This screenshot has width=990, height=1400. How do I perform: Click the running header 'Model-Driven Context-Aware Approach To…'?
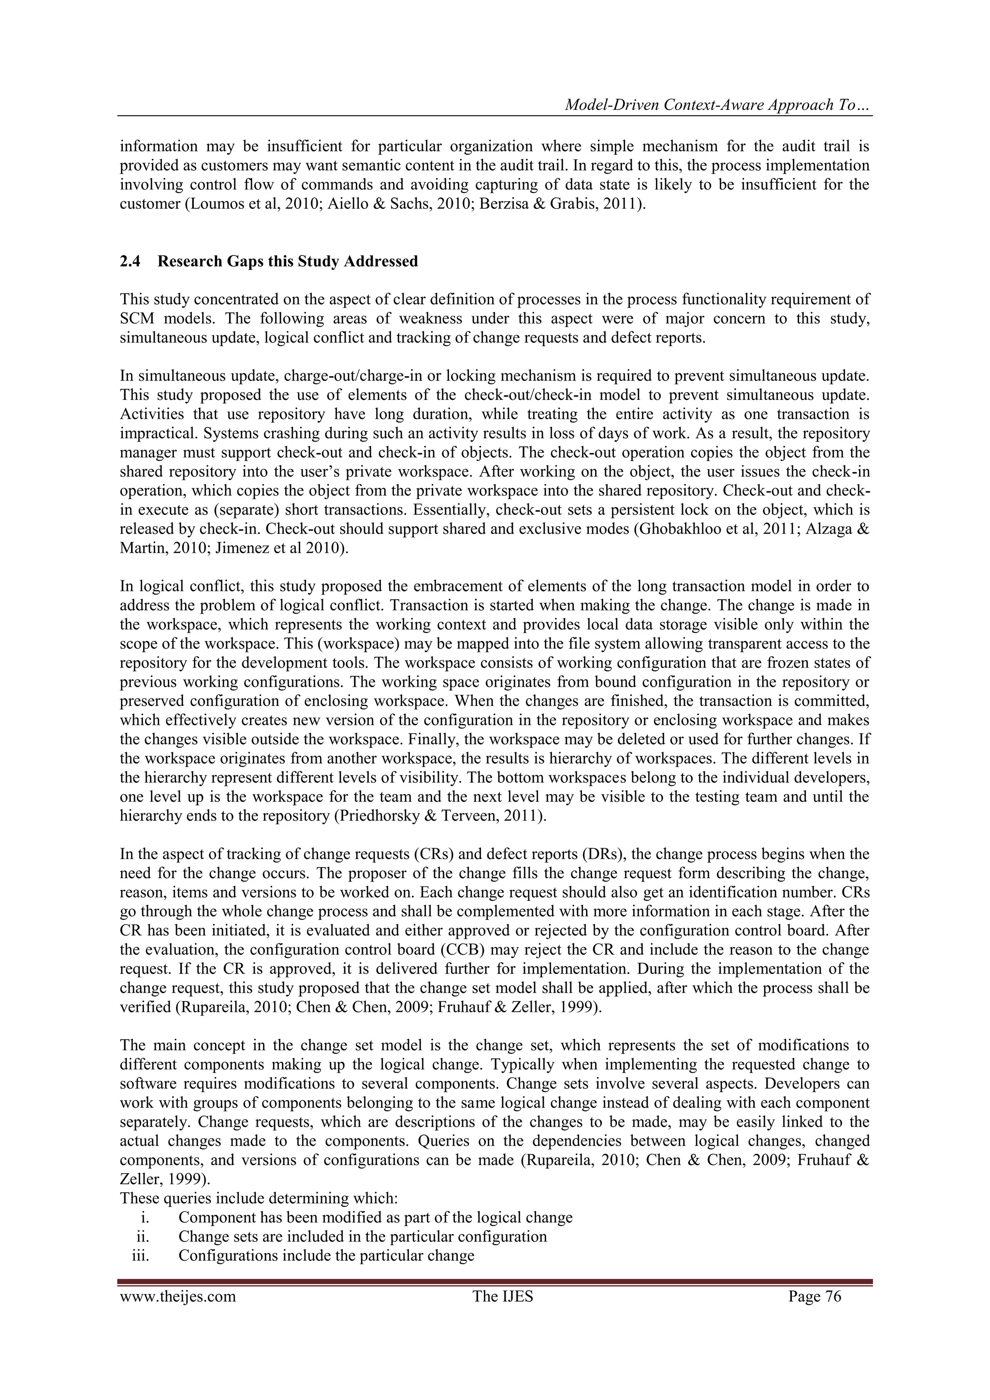(x=717, y=105)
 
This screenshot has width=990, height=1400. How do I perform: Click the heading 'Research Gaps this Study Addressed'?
(x=288, y=262)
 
